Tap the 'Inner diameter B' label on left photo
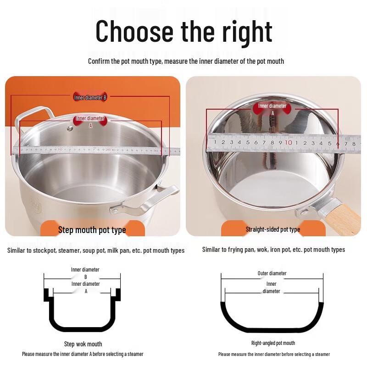[90, 97]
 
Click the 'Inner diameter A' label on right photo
[272, 109]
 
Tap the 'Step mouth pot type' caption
[92, 230]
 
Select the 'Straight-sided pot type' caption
[273, 229]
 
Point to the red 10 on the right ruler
[288, 142]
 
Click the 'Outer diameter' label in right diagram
[272, 273]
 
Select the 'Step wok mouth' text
[83, 344]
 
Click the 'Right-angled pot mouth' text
[273, 343]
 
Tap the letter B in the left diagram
[85, 277]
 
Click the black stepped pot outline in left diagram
[83, 328]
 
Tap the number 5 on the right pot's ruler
[248, 142]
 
